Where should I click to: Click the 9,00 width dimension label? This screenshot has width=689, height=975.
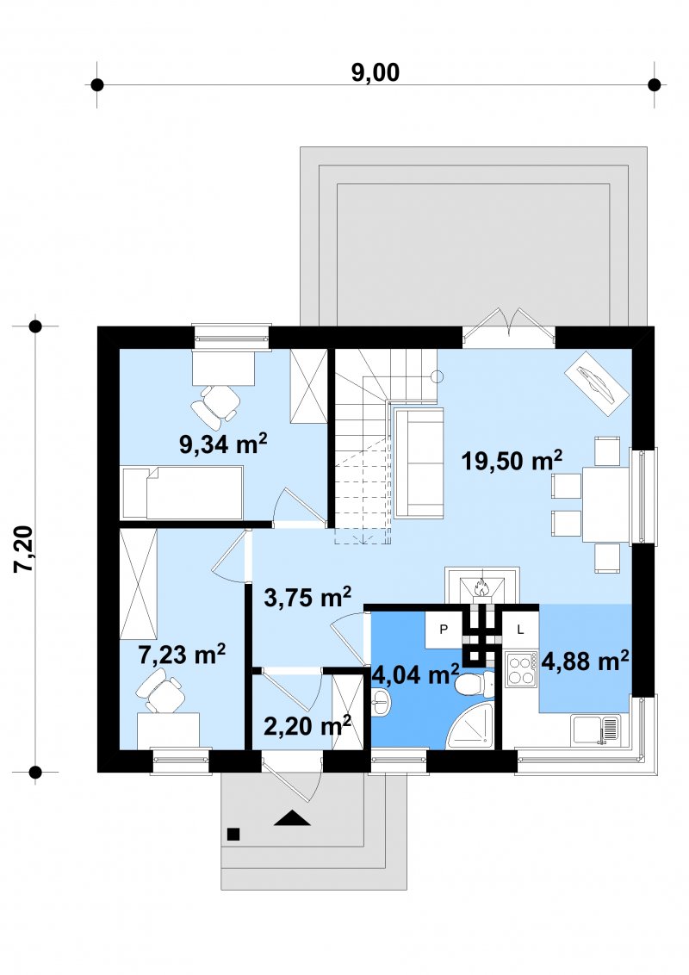375,72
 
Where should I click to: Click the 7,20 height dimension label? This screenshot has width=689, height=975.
26,549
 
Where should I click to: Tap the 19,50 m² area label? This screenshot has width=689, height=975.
512,460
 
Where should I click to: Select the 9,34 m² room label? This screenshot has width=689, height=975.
223,444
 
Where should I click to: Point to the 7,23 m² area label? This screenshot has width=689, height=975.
182,654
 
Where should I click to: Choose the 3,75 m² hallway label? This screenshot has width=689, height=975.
307,597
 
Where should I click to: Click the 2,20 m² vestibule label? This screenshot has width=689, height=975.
307,725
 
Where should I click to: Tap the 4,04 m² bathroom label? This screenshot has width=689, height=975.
415,674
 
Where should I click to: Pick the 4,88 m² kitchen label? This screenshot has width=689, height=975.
585,661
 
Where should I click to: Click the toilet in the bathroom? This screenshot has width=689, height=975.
476,684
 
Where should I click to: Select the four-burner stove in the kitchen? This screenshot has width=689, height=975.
520,669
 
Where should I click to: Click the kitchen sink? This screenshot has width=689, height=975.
596,729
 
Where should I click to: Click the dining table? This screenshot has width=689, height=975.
605,504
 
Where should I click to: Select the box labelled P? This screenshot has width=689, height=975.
444,630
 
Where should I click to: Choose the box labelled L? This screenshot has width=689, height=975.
520,630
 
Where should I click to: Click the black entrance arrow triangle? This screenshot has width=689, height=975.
292,818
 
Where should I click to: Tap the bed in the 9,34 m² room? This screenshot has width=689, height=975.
183,493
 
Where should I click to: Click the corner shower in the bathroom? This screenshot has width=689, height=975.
471,727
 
